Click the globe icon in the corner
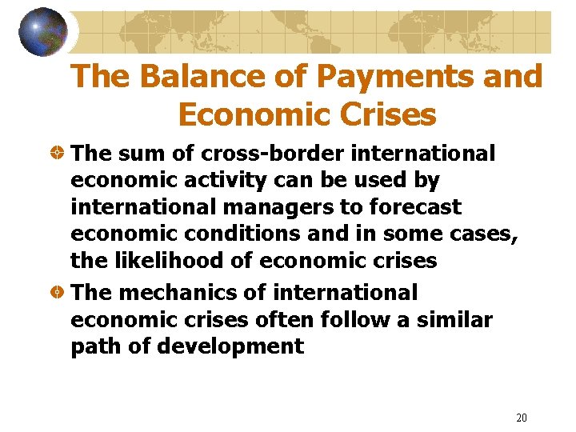43,32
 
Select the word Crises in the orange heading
387,114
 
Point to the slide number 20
522,418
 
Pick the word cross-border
261,153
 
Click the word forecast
415,207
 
